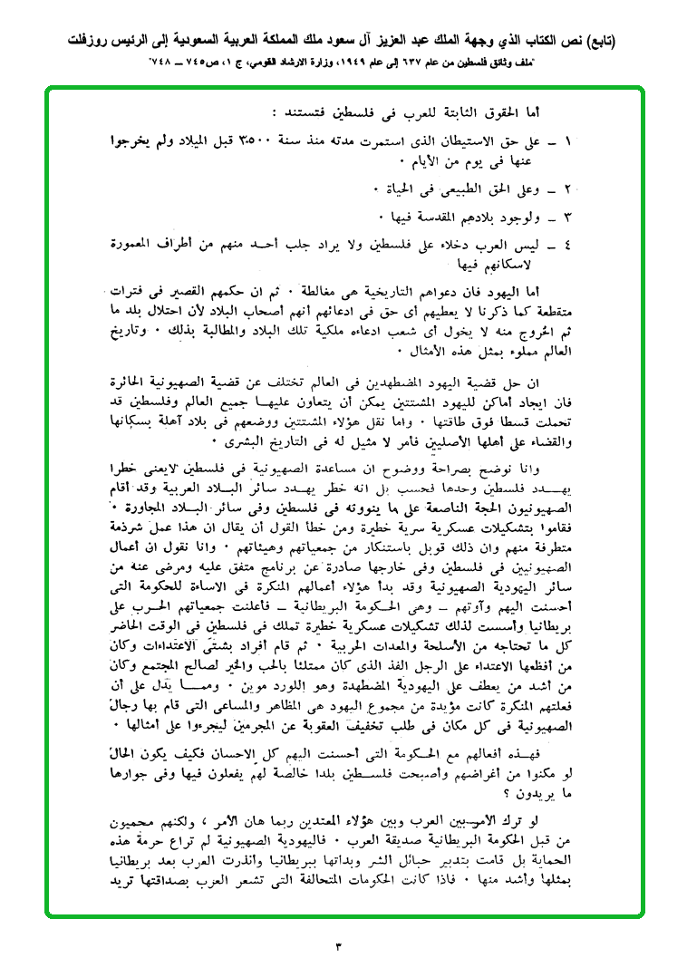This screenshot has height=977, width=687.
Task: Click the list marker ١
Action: (568, 143)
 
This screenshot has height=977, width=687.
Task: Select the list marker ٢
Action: (568, 189)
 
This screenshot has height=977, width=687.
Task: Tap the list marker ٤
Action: (568, 246)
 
